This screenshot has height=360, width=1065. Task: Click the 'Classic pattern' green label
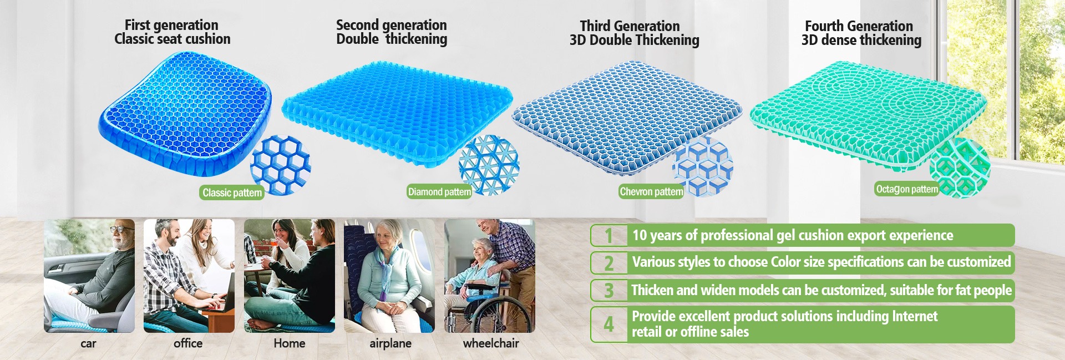click(231, 192)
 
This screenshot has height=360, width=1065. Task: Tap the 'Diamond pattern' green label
click(439, 192)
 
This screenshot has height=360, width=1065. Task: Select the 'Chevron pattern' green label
click(651, 191)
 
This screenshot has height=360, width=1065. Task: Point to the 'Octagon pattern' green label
click(907, 189)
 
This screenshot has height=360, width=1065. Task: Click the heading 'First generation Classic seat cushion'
click(172, 32)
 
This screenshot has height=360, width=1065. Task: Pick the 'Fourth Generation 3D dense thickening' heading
click(861, 33)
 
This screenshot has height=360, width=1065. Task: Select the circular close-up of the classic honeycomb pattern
click(281, 165)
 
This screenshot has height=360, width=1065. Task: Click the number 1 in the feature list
click(608, 236)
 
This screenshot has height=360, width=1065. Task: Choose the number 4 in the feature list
click(608, 324)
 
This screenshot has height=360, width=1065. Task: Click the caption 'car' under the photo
click(88, 343)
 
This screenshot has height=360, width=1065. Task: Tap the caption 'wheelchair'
click(491, 343)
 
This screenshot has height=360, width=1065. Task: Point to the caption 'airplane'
click(390, 343)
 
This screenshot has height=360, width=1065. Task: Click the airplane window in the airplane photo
click(419, 247)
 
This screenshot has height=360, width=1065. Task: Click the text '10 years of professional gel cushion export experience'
click(793, 235)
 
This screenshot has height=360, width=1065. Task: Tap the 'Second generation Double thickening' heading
click(392, 32)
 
